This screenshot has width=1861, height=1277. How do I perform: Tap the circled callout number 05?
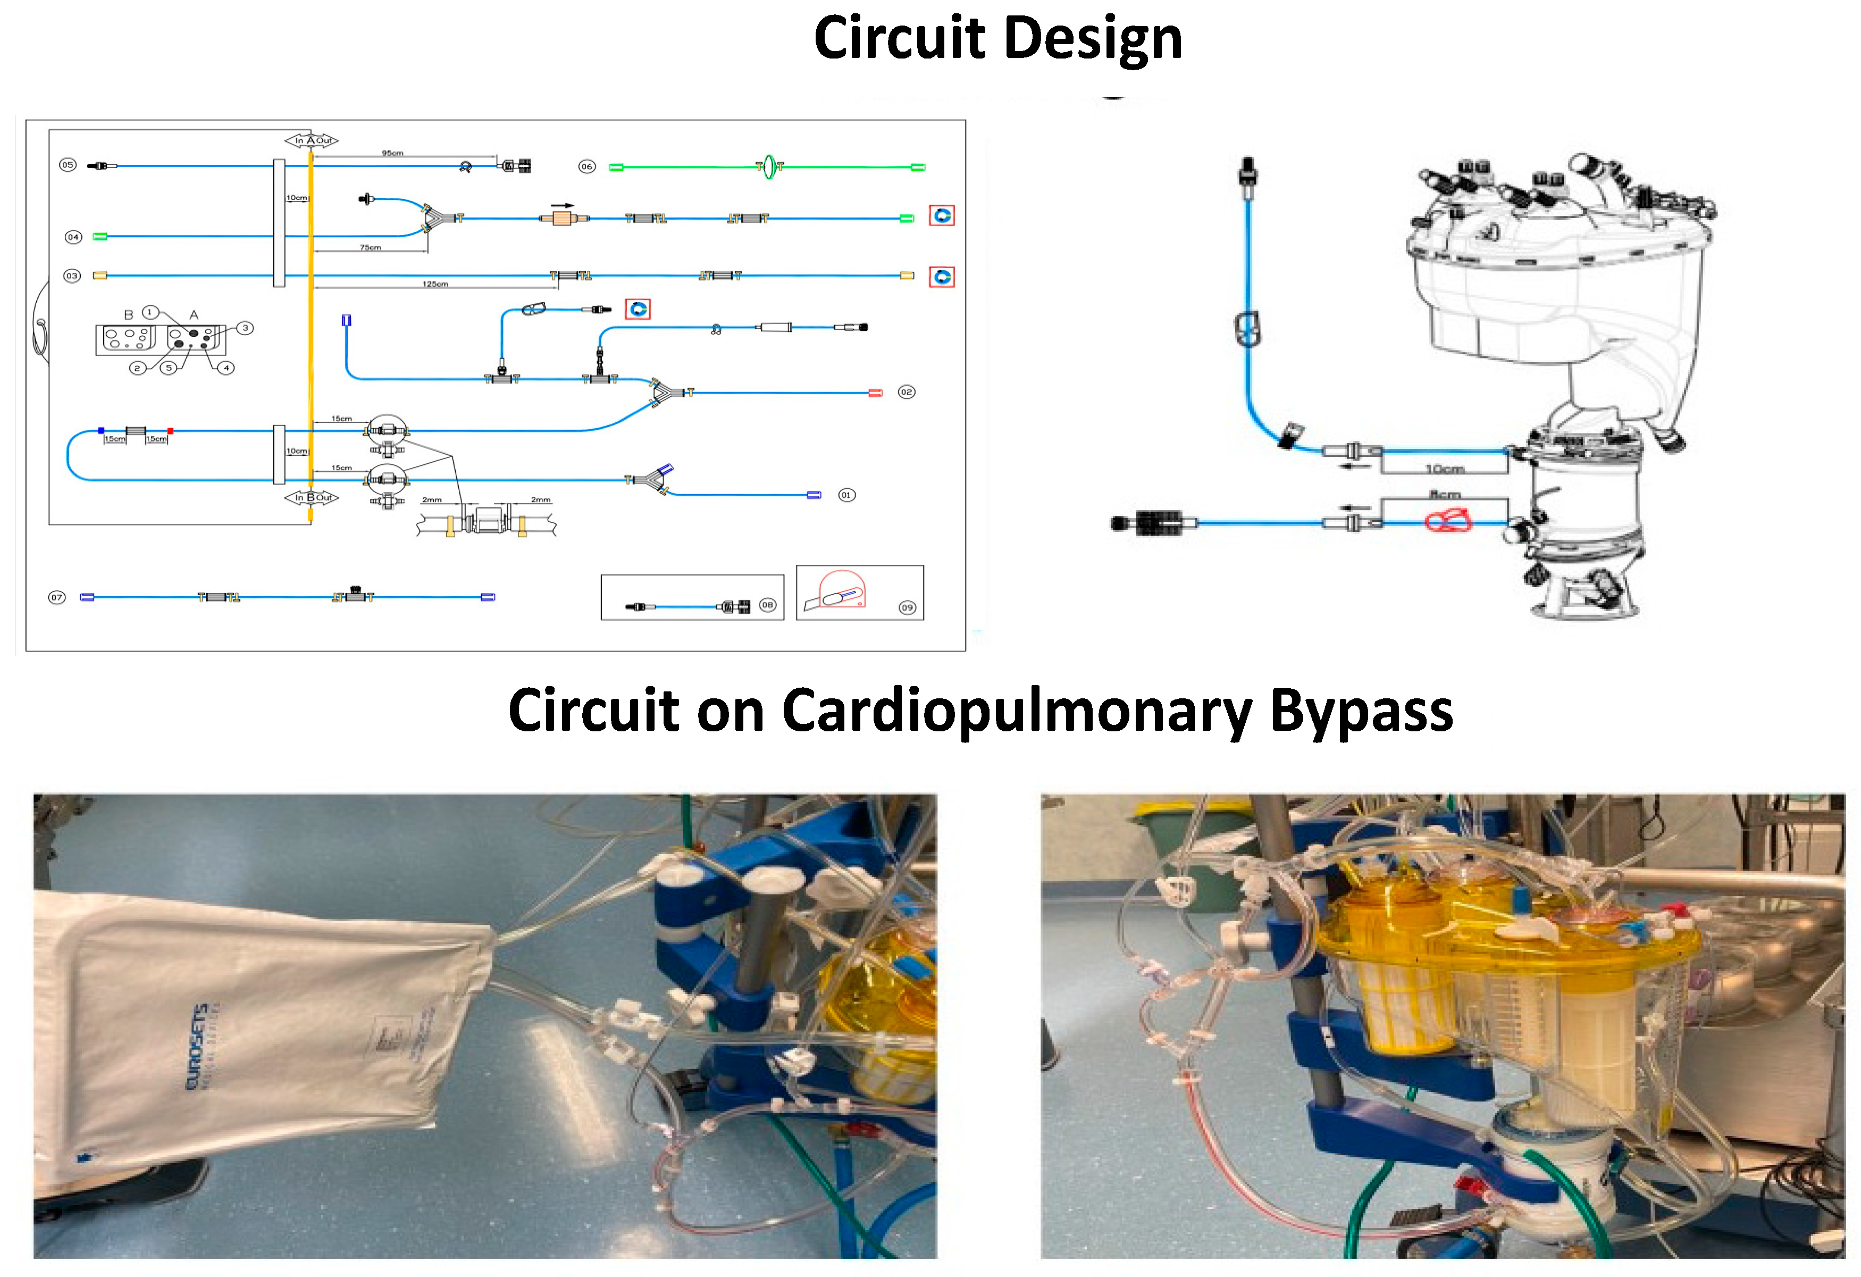(x=68, y=165)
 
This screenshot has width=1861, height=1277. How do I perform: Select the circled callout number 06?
(x=587, y=166)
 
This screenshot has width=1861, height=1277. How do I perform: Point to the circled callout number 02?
(x=906, y=392)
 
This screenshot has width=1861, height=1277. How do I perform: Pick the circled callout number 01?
(x=846, y=495)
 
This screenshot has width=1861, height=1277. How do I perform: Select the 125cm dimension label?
(x=435, y=283)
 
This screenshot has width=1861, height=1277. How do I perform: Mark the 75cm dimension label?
(x=370, y=247)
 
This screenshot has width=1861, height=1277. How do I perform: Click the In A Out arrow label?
(x=312, y=140)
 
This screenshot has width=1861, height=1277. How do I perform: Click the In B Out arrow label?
(x=312, y=497)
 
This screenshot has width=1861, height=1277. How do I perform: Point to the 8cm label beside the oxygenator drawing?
(x=1445, y=494)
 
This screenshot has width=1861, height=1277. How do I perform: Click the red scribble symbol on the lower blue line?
(x=1448, y=522)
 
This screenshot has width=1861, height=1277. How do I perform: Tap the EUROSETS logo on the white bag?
(x=198, y=1046)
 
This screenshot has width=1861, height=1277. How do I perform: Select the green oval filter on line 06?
(x=769, y=166)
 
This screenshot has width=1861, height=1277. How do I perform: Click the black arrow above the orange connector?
(x=563, y=206)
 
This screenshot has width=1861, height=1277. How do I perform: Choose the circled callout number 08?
(x=767, y=605)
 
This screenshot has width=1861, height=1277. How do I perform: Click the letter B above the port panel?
(x=128, y=315)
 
